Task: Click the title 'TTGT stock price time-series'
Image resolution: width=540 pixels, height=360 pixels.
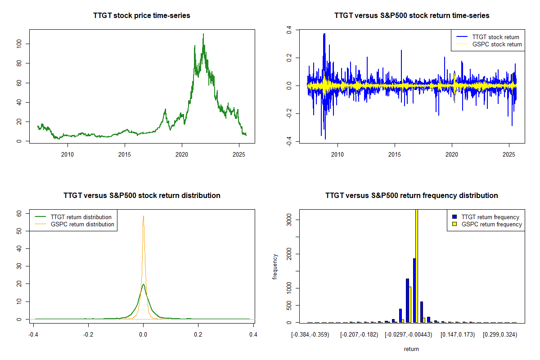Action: pos(142,16)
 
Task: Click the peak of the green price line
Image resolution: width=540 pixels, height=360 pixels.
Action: pos(203,34)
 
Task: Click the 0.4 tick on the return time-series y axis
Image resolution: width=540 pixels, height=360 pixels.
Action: pos(288,30)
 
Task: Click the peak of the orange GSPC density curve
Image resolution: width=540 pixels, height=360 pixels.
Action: pos(143,216)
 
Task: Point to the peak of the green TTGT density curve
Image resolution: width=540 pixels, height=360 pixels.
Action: pos(143,284)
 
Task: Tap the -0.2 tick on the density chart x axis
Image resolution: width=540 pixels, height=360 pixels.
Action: pos(88,335)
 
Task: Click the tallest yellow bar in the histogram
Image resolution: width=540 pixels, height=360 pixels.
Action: pos(417,265)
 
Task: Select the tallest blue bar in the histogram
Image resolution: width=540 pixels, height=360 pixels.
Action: pos(414,290)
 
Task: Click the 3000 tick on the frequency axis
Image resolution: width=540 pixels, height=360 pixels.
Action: pos(288,220)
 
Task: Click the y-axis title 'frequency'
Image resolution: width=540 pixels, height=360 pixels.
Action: pos(275,266)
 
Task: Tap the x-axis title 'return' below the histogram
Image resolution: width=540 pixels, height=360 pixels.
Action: pos(411,349)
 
